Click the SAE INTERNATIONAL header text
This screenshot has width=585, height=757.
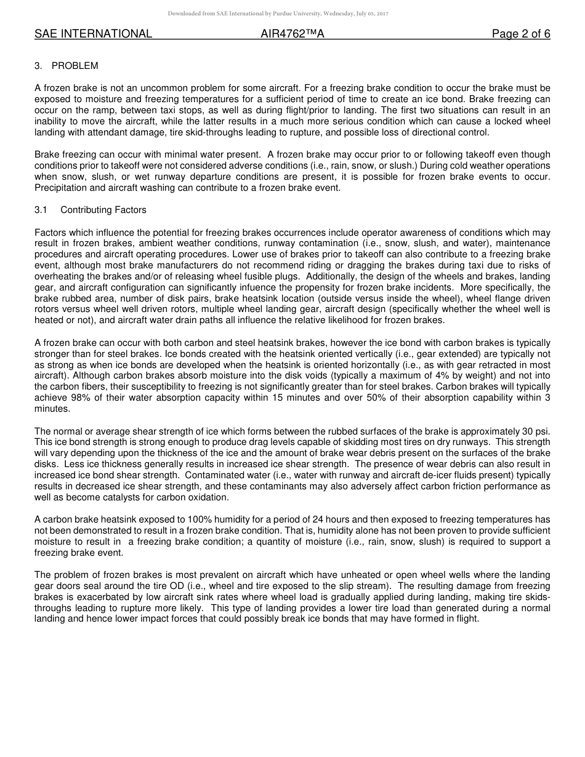[x=93, y=34]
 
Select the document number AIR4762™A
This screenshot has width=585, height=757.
[x=292, y=34]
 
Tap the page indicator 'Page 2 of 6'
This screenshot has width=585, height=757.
[x=520, y=34]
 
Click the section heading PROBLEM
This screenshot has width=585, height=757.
[x=75, y=66]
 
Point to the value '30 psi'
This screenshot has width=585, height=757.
[x=536, y=431]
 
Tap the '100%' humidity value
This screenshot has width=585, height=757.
[x=220, y=520]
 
